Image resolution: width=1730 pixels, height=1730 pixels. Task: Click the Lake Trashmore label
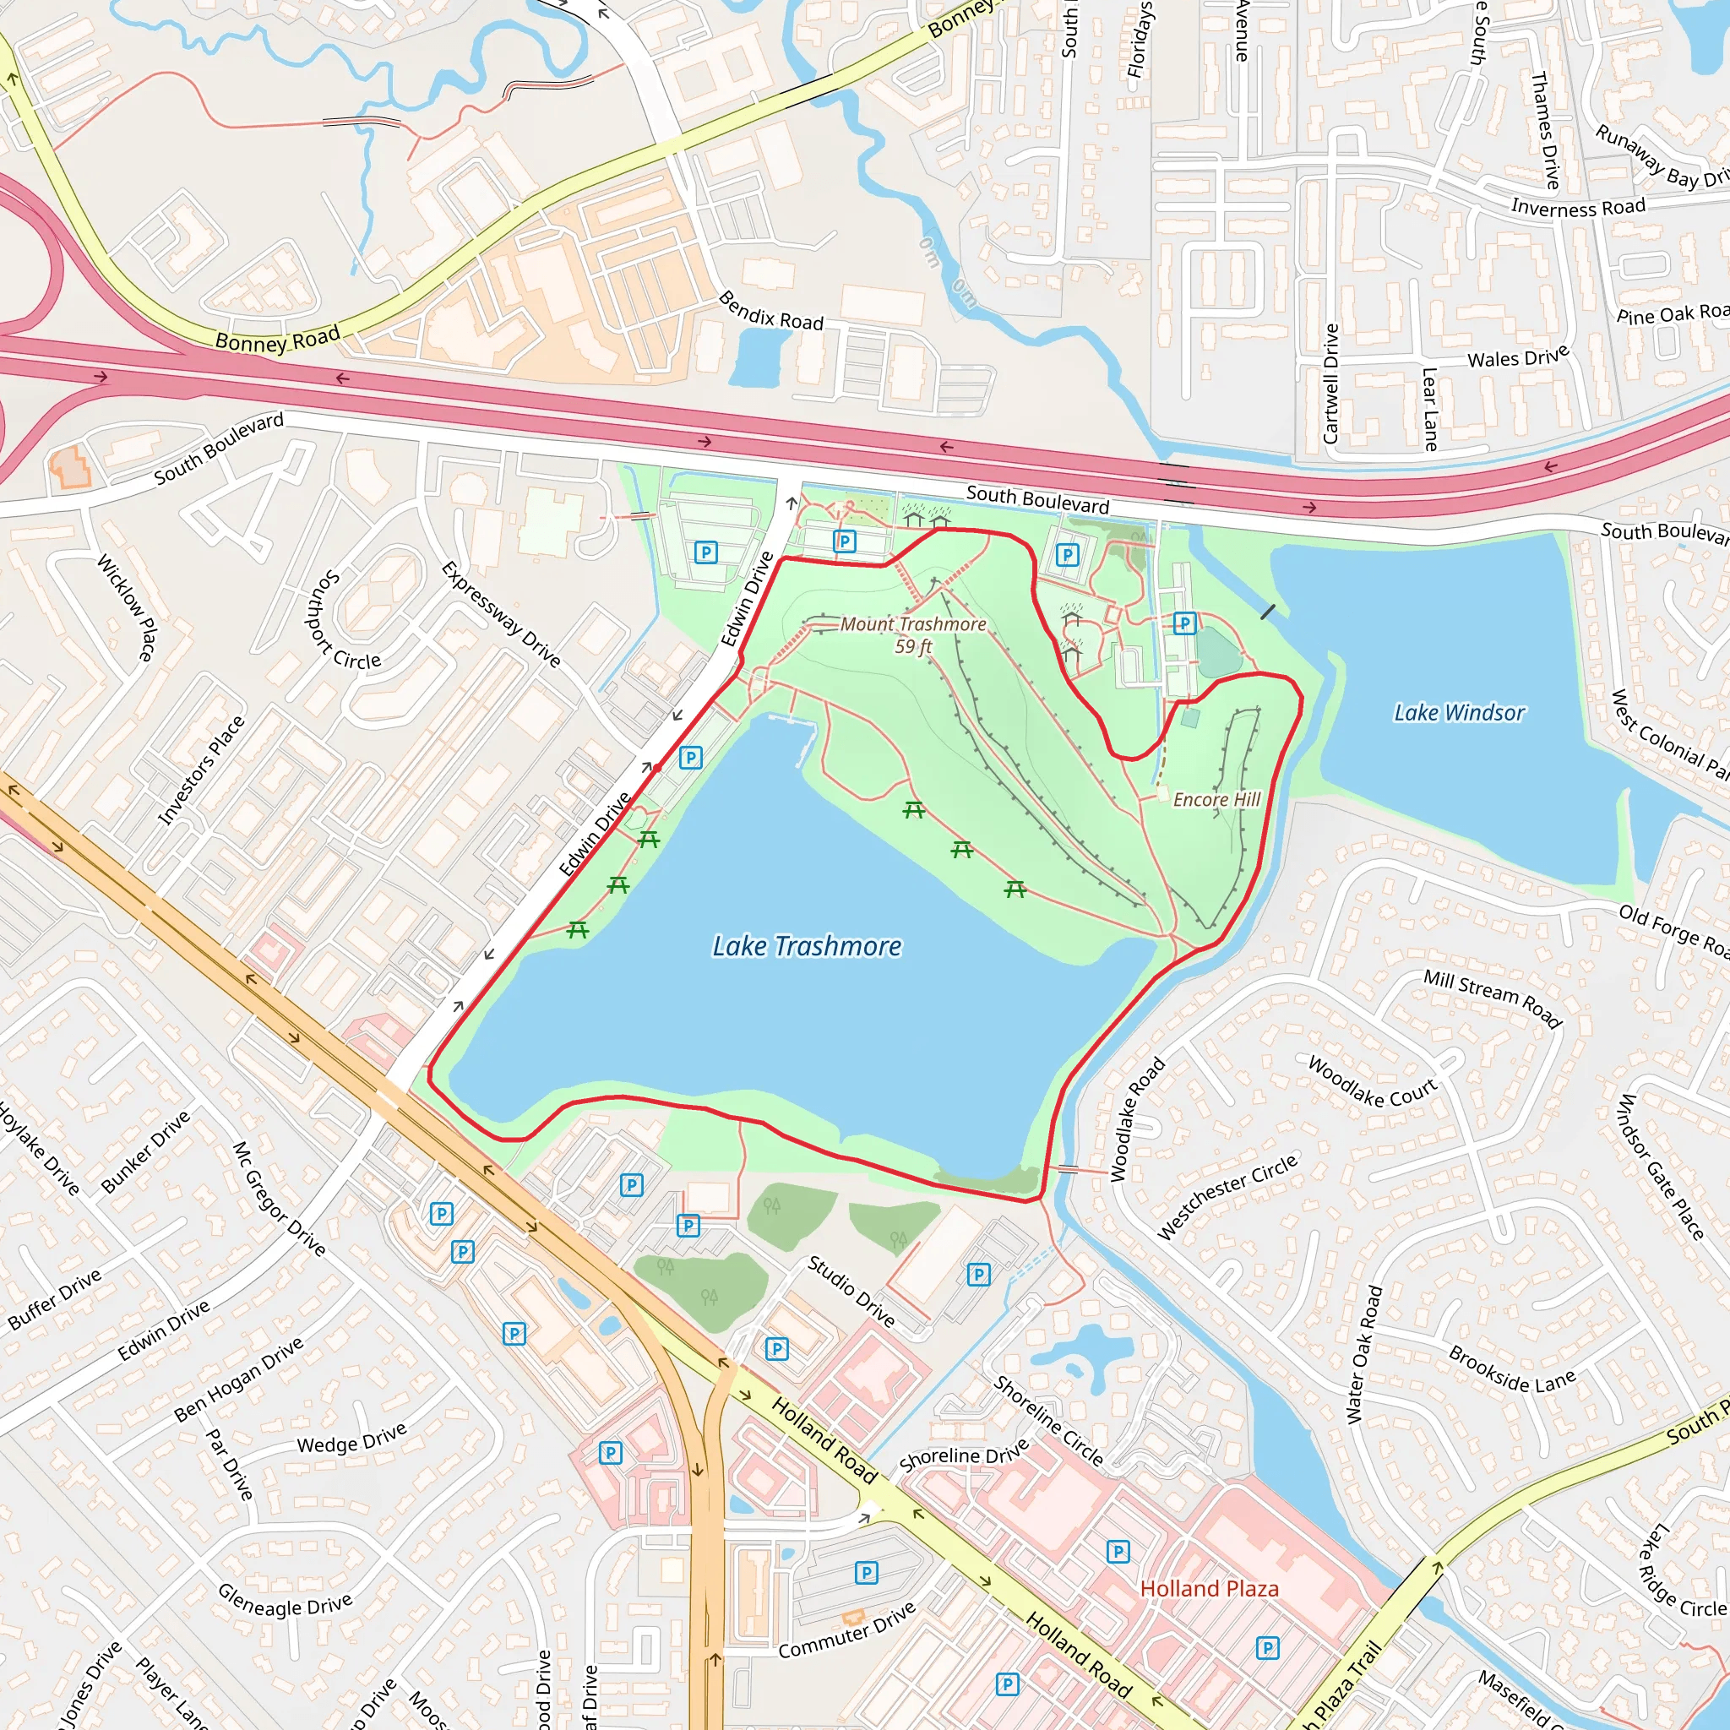click(807, 946)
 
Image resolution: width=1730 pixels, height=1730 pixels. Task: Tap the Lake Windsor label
click(1459, 713)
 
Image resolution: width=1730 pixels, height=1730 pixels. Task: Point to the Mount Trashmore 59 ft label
click(912, 634)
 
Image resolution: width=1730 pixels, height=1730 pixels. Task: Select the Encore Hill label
click(1216, 800)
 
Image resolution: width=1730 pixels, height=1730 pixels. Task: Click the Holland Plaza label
click(1209, 1589)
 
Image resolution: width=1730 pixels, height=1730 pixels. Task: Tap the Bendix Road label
click(771, 311)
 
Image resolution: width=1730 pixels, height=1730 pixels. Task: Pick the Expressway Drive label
click(501, 614)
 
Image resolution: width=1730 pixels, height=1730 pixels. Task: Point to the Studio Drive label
click(851, 1291)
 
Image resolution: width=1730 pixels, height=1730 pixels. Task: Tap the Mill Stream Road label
click(1493, 998)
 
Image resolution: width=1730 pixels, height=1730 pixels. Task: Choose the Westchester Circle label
click(1227, 1197)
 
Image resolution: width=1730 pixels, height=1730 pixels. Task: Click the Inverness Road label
click(1578, 208)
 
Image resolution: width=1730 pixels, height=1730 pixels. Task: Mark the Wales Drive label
click(1518, 357)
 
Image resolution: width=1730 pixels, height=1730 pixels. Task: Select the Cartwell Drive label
click(1330, 384)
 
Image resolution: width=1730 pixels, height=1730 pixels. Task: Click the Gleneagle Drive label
click(285, 1600)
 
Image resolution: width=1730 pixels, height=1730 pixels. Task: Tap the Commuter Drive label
click(847, 1630)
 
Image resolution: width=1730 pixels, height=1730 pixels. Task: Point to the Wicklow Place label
click(126, 608)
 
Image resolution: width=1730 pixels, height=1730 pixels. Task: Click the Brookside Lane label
click(1511, 1369)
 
